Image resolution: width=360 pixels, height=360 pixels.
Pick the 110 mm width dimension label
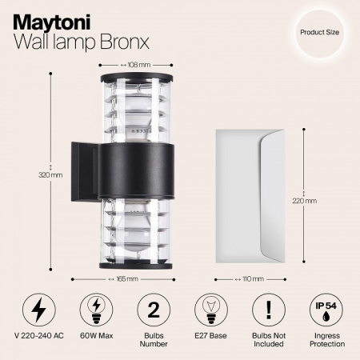[254, 279]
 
